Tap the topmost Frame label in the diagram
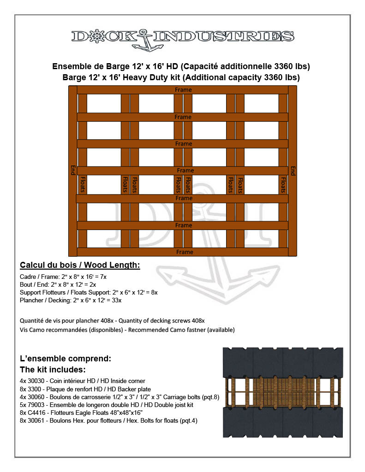click(183, 90)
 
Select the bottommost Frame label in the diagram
click(185, 252)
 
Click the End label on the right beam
click(293, 170)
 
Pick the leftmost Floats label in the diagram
click(83, 184)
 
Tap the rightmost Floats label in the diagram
click(283, 184)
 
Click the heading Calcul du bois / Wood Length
click(80, 265)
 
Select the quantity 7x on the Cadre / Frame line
click(103, 277)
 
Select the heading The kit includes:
click(53, 370)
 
